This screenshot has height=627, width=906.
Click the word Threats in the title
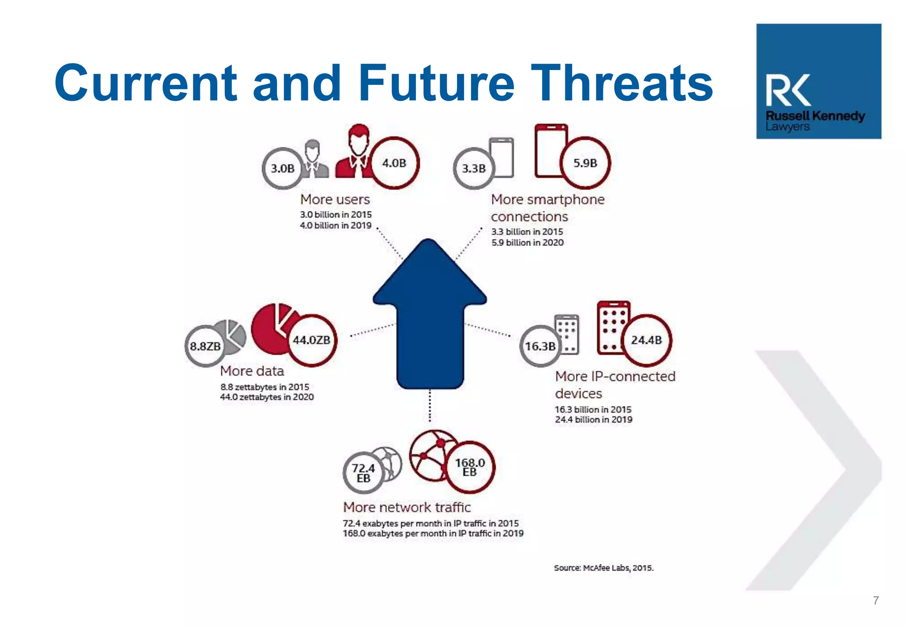[x=622, y=83]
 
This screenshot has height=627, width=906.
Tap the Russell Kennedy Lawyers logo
[x=818, y=81]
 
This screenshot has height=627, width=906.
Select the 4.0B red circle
[x=394, y=163]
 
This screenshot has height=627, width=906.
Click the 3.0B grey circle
[x=283, y=168]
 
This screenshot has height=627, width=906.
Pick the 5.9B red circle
[x=585, y=163]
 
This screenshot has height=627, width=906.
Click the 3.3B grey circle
[x=474, y=168]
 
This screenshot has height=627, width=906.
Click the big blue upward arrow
[x=430, y=314]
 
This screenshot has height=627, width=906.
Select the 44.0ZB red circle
[x=311, y=340]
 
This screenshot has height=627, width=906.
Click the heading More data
[x=252, y=371]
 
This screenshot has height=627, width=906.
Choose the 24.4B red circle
[x=646, y=340]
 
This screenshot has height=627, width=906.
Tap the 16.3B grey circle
[x=540, y=346]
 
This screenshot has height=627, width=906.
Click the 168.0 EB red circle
[x=470, y=467]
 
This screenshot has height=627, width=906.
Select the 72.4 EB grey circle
[x=363, y=473]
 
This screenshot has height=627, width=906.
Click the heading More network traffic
[x=407, y=507]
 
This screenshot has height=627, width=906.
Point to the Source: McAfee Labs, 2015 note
[x=603, y=568]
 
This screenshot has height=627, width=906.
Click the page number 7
[x=875, y=600]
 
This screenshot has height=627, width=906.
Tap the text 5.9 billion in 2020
[x=527, y=242]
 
